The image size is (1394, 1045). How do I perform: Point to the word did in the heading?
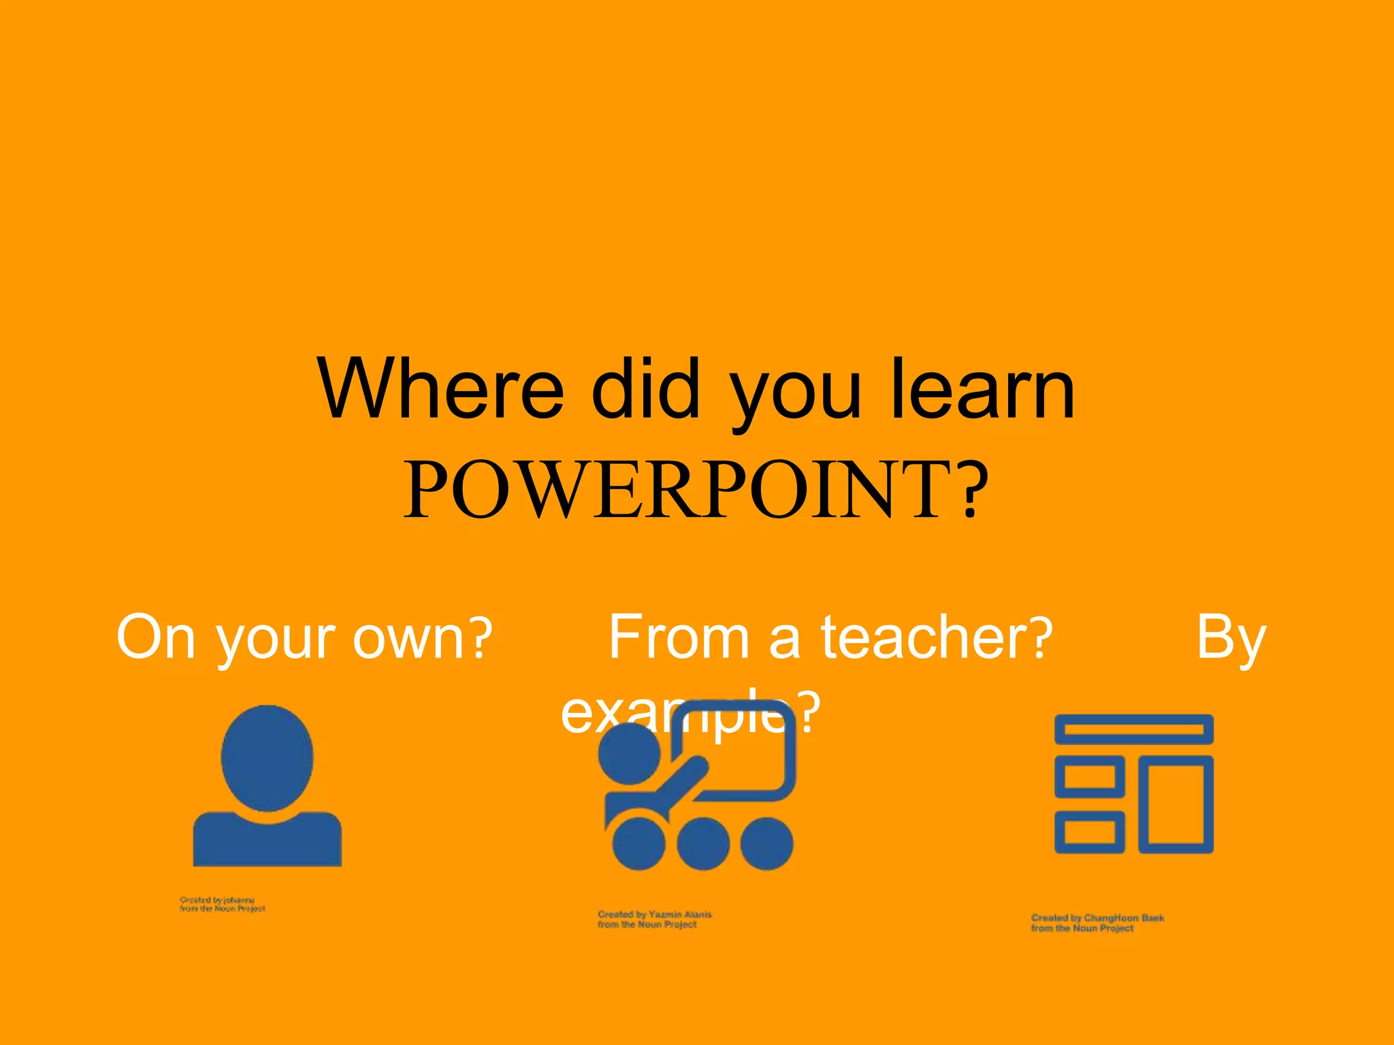tap(645, 390)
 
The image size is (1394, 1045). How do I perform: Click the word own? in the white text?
tap(422, 637)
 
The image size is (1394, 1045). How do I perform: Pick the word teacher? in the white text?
tap(937, 637)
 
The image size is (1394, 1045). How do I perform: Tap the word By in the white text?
tap(1231, 637)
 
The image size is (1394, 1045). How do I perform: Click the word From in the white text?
tap(678, 637)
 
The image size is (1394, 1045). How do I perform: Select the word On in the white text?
tap(156, 637)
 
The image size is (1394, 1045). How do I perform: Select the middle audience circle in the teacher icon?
tap(703, 844)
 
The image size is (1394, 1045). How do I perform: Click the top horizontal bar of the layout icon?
tap(1133, 729)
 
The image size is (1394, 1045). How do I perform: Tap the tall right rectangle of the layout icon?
tap(1176, 804)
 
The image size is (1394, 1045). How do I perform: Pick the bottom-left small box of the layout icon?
tap(1089, 832)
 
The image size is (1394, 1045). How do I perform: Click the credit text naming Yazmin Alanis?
tap(654, 919)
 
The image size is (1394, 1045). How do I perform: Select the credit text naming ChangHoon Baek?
tap(1097, 923)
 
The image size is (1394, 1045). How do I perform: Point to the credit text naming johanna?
tap(222, 904)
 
